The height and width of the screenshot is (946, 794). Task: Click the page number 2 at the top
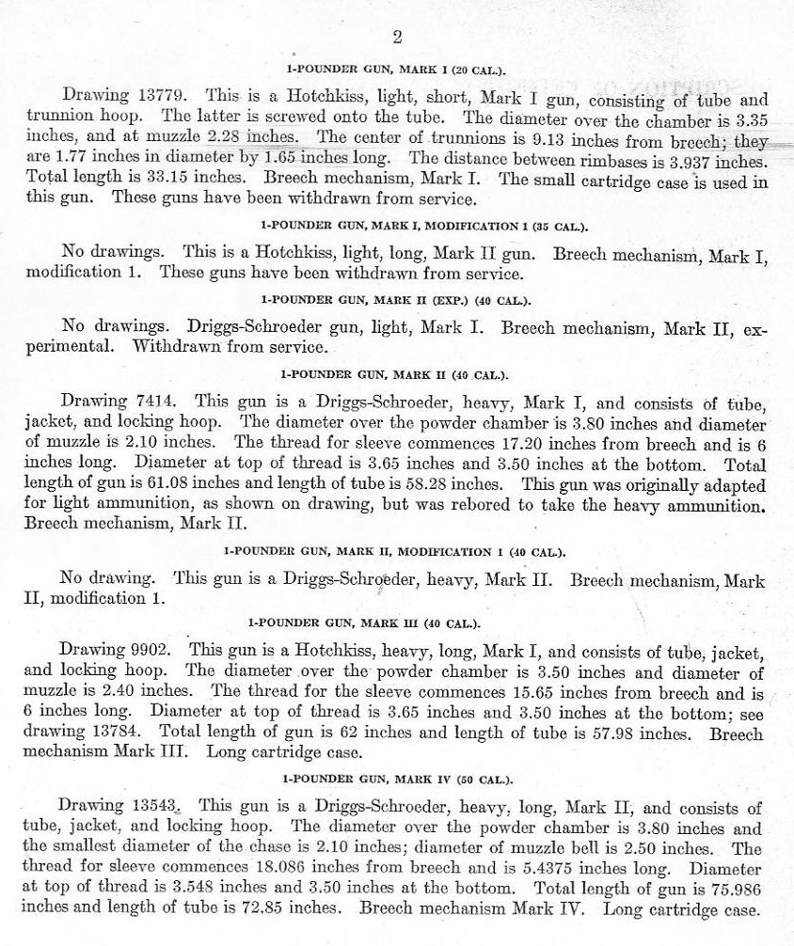397,38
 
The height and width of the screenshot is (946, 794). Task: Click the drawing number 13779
164,96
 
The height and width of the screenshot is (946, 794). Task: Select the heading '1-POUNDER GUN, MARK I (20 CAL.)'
396,70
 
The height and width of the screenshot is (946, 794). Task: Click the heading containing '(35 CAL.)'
396,227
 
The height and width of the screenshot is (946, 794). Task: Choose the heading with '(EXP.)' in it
396,301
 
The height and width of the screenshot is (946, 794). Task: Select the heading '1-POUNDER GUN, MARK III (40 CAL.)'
396,623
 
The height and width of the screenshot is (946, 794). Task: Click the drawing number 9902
156,649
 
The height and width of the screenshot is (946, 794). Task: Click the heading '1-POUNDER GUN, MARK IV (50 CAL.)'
396,780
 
